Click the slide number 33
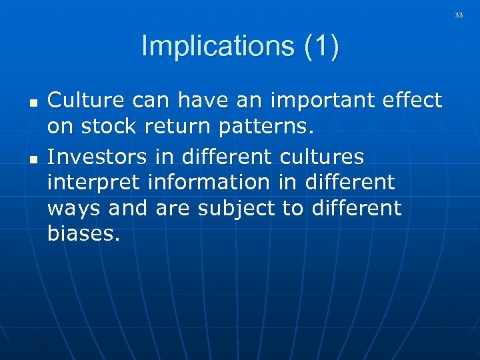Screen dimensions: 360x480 point(459,15)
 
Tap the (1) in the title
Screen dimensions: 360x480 point(321,47)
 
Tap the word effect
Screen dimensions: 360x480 point(411,100)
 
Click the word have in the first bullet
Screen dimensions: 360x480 point(191,100)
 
